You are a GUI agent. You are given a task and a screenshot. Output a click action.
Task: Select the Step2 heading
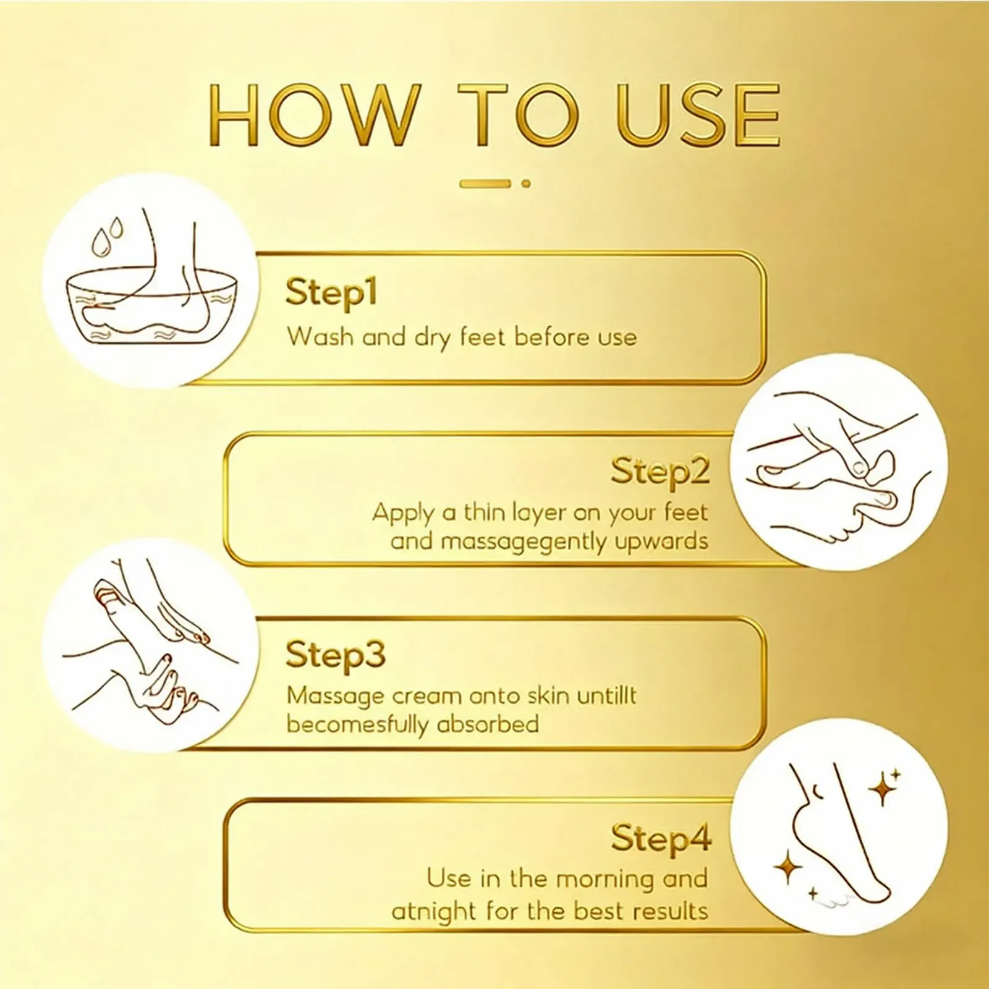(660, 472)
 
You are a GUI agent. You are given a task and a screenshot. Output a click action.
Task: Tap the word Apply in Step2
(402, 514)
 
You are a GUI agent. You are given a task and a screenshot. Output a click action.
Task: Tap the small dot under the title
(526, 184)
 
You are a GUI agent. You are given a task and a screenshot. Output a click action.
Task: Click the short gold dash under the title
(485, 184)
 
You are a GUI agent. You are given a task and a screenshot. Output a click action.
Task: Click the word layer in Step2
(538, 514)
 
